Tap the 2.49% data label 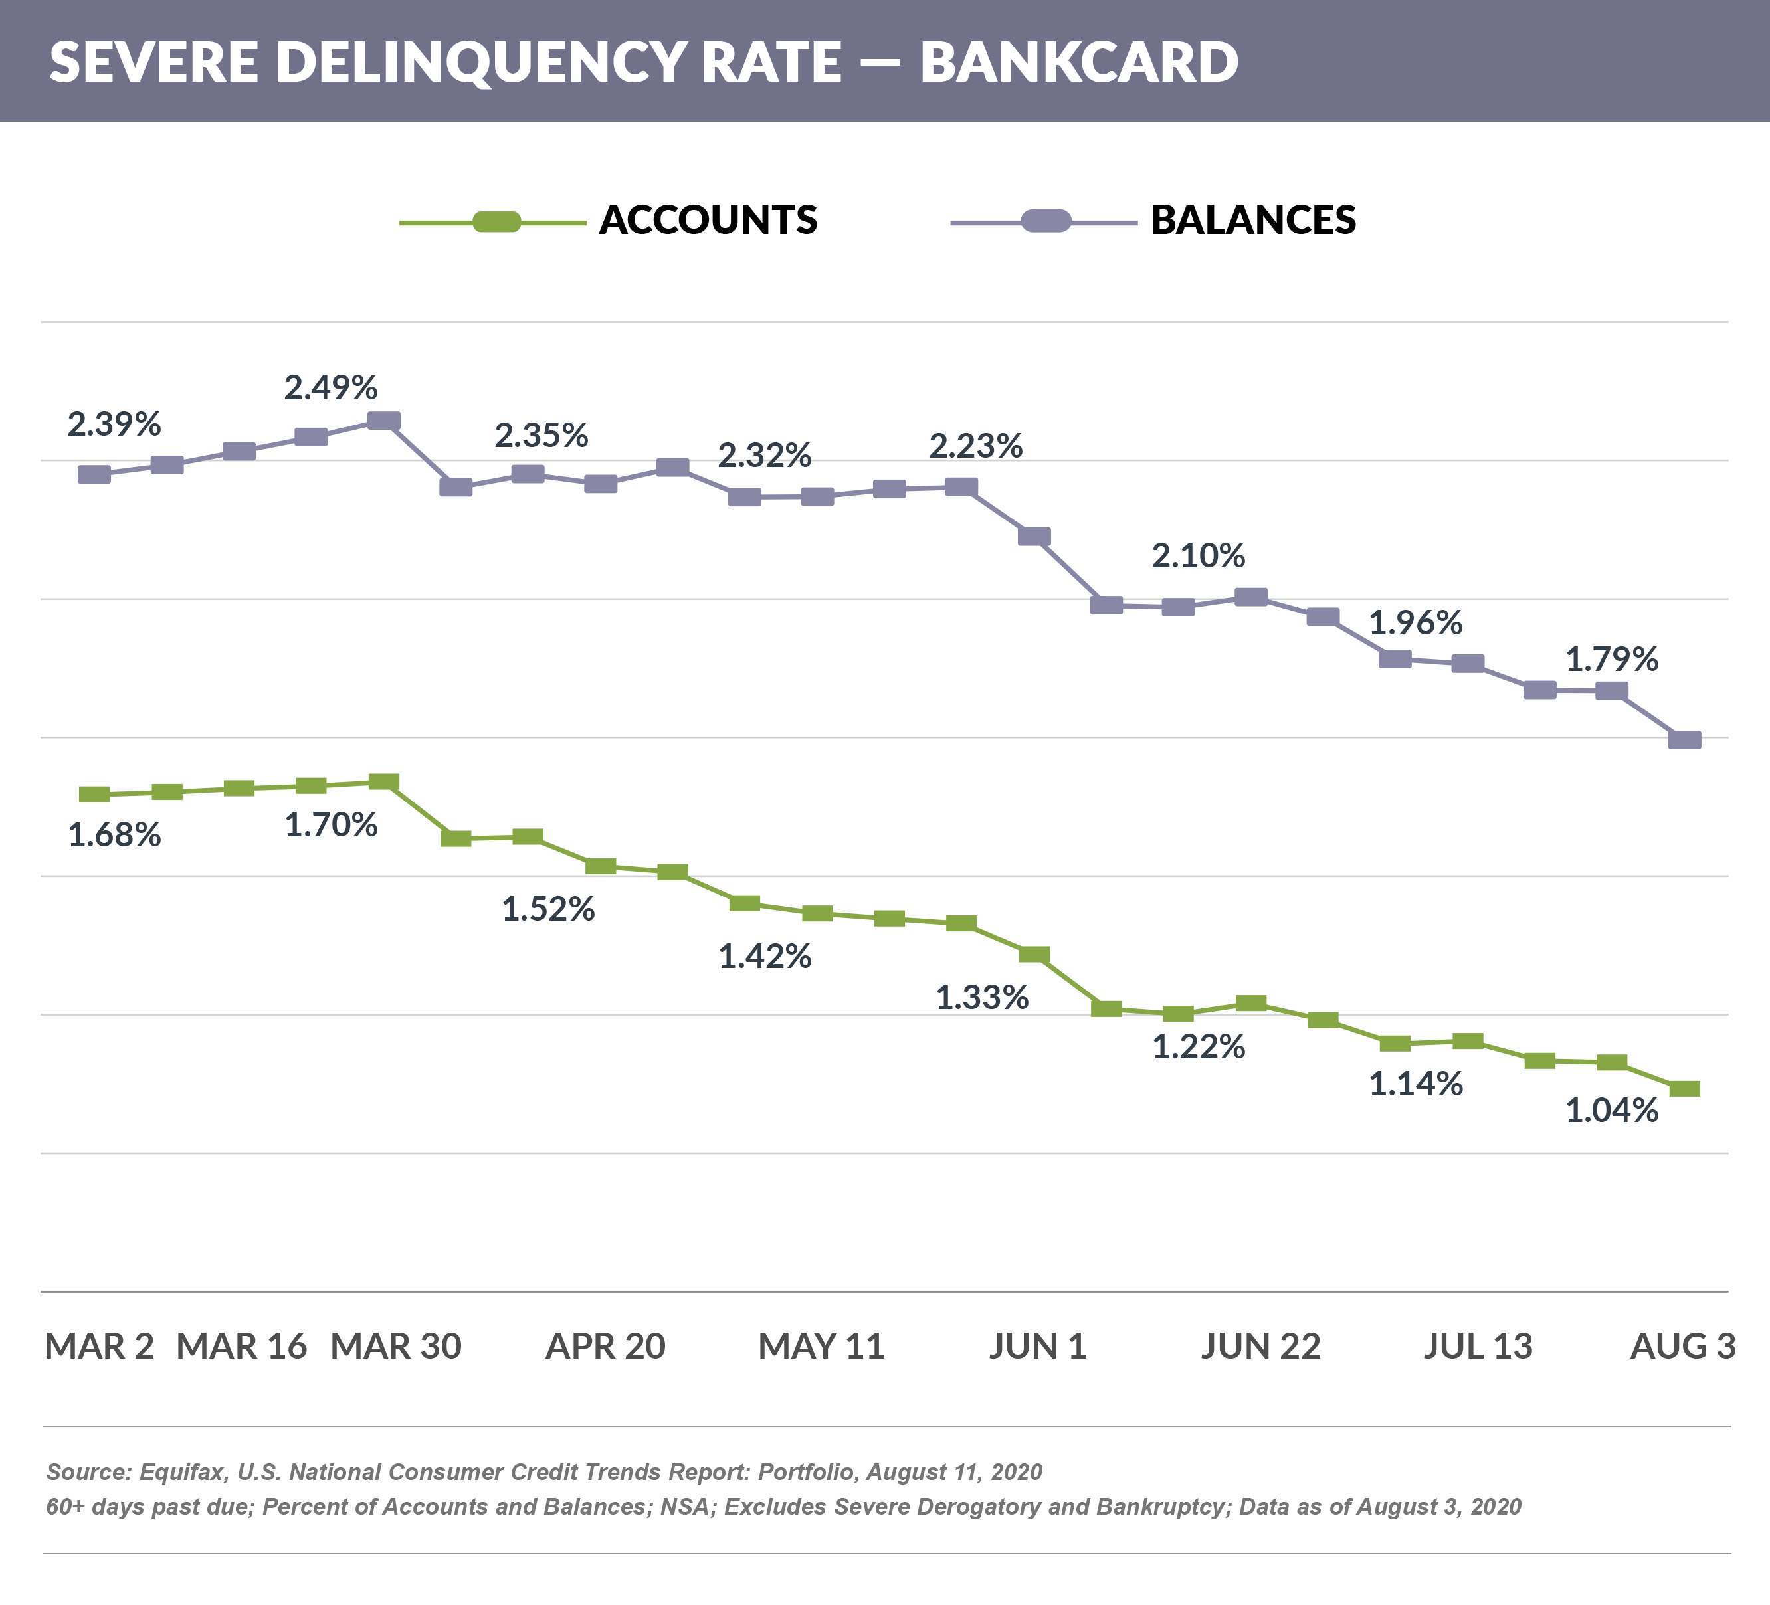tap(331, 387)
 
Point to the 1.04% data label tap(1612, 1111)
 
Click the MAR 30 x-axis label tap(396, 1346)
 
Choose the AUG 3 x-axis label tap(1682, 1346)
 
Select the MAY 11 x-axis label tap(821, 1346)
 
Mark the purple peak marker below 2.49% tap(383, 421)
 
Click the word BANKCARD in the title tap(1079, 62)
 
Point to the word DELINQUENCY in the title tap(481, 62)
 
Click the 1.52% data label tap(548, 909)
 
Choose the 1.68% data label tap(114, 835)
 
